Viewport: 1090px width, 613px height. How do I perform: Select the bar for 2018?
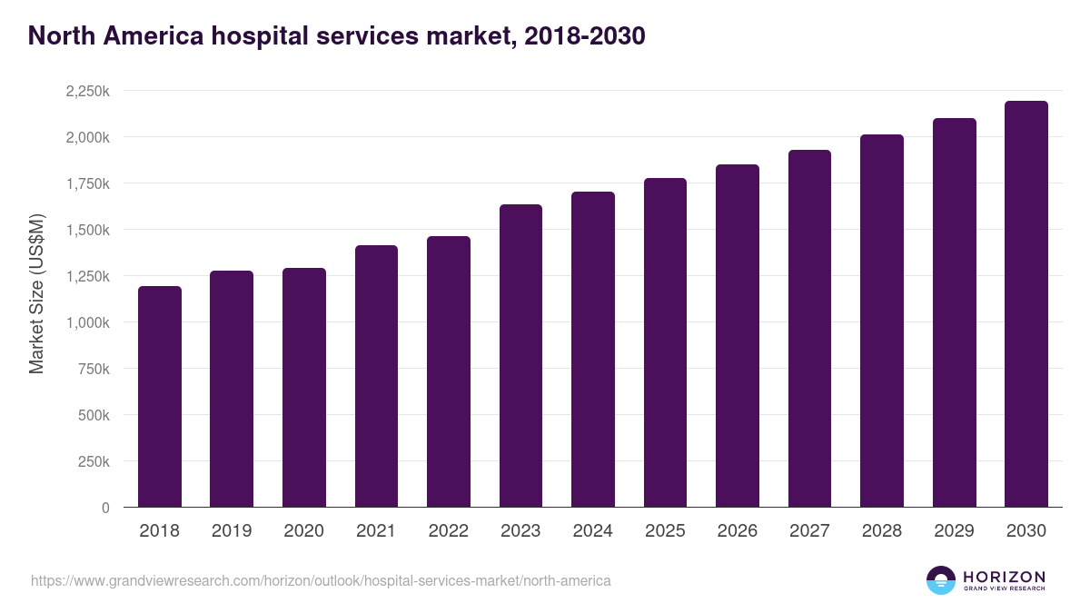pyautogui.click(x=159, y=397)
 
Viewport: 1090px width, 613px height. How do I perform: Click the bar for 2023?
pyautogui.click(x=520, y=356)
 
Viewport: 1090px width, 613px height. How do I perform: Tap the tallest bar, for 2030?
pyautogui.click(x=1026, y=304)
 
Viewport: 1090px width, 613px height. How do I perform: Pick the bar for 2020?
pyautogui.click(x=304, y=388)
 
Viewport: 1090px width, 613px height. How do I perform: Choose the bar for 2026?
pyautogui.click(x=738, y=336)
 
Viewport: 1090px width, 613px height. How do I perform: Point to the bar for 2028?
pyautogui.click(x=882, y=321)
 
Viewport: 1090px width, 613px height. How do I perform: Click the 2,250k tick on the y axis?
pyautogui.click(x=87, y=91)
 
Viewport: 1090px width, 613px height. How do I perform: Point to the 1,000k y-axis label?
pyautogui.click(x=87, y=322)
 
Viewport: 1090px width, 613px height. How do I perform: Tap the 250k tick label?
pyautogui.click(x=94, y=461)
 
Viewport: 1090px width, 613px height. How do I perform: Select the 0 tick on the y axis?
pyautogui.click(x=105, y=508)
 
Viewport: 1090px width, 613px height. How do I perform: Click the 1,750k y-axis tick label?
pyautogui.click(x=87, y=183)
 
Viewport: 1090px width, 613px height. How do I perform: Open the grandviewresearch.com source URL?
pyautogui.click(x=321, y=580)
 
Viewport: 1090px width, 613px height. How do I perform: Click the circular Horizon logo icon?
pyautogui.click(x=941, y=580)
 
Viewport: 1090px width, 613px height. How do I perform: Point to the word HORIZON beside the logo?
pyautogui.click(x=1004, y=576)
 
